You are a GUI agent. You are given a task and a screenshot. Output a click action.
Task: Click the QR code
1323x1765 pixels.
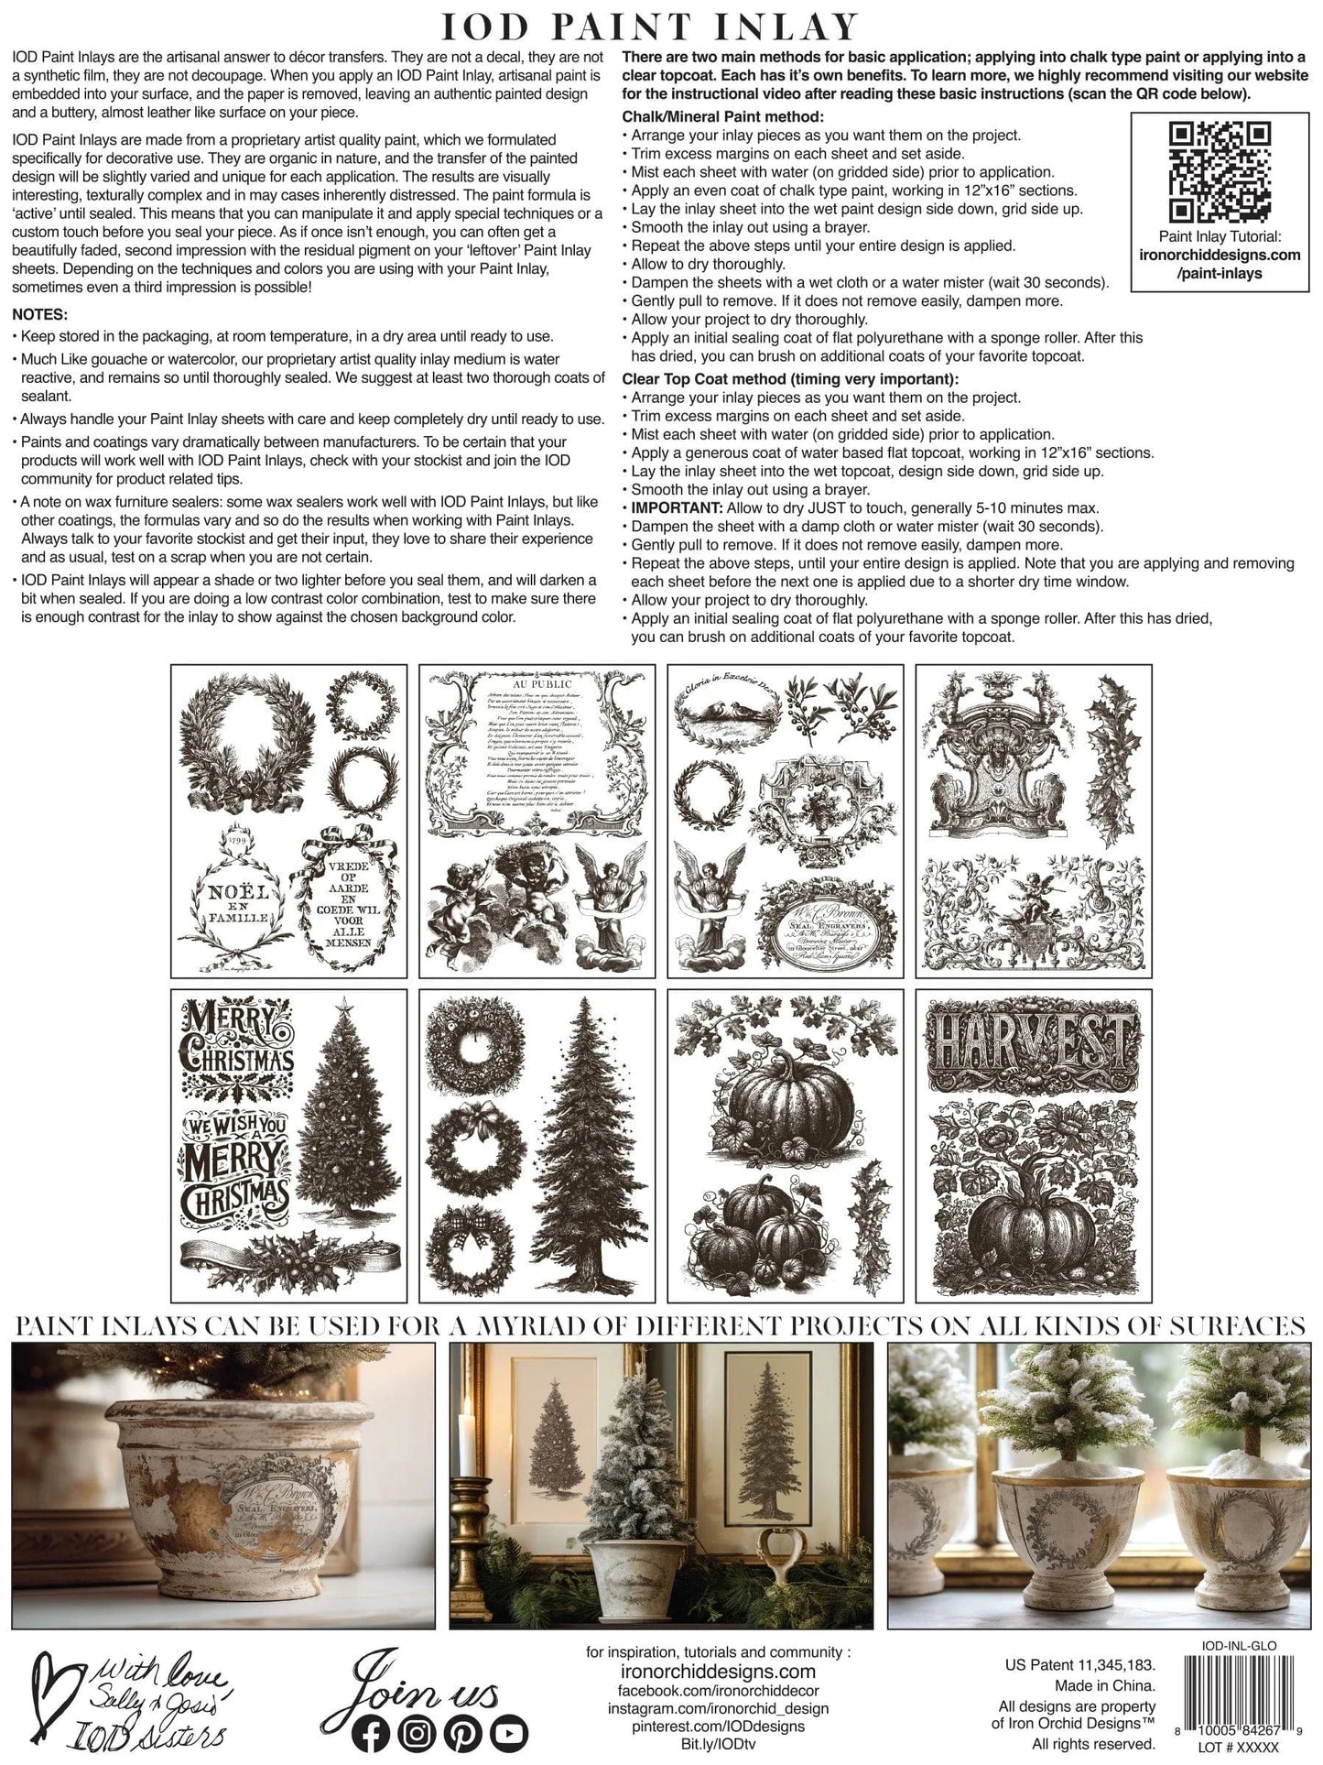pos(1220,172)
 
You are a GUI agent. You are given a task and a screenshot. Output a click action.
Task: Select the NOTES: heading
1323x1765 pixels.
pos(40,315)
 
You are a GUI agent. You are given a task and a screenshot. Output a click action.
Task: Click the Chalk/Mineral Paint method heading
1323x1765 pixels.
pos(722,116)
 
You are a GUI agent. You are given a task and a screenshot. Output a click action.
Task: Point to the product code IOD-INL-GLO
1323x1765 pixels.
pos(1239,1645)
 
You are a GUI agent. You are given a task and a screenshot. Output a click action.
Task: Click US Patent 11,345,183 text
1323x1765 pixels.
pos(1079,1665)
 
